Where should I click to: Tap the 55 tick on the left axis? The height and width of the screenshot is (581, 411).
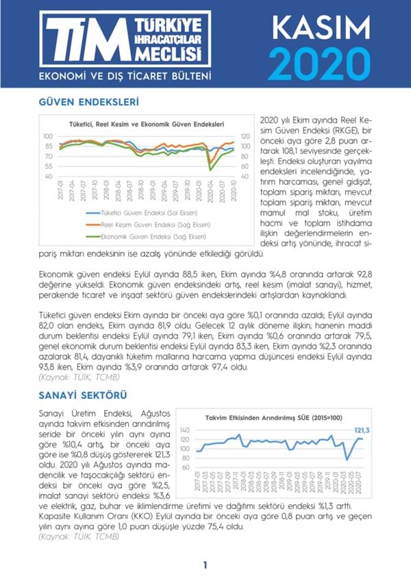point(48,166)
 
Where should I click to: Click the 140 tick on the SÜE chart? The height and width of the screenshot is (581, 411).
point(184,429)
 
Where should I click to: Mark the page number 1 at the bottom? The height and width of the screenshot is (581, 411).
point(205,565)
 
